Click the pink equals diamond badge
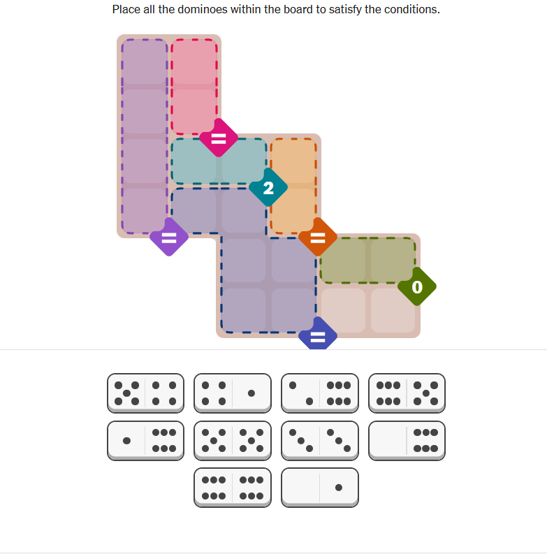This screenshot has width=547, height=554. point(219,138)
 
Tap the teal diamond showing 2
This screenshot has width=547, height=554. point(268,187)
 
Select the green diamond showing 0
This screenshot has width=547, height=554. point(417,286)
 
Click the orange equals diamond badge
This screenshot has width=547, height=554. point(318,237)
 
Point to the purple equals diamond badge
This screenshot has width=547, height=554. point(169,237)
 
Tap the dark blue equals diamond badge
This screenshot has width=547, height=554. point(318,334)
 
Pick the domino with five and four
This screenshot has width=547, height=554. point(145,393)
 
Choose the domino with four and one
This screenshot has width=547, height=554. point(233,393)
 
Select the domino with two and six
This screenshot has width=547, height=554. point(320,393)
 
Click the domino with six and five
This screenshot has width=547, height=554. point(407,393)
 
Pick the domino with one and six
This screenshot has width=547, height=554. point(145,441)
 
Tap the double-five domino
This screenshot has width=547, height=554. point(233,441)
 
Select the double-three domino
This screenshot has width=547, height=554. point(320,441)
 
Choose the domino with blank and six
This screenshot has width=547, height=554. point(407,441)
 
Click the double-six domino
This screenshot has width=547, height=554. point(233,488)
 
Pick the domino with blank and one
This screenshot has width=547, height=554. point(320,488)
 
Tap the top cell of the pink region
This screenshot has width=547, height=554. point(194,62)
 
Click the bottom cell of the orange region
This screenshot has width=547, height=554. point(293,210)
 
